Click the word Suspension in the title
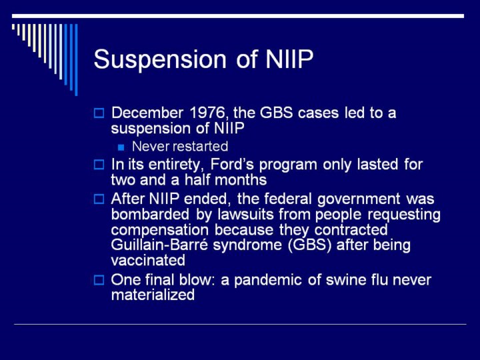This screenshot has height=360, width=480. click(x=160, y=59)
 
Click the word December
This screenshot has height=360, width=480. click(x=147, y=113)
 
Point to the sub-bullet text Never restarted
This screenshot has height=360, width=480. click(x=180, y=146)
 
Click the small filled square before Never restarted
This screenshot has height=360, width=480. click(x=121, y=147)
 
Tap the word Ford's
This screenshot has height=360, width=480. click(x=232, y=165)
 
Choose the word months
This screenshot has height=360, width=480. click(x=241, y=180)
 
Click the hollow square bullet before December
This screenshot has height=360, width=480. click(x=99, y=113)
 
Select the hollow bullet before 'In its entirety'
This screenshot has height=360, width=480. click(x=99, y=165)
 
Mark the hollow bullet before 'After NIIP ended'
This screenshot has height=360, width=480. click(x=99, y=199)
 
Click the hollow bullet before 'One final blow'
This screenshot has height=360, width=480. click(x=99, y=280)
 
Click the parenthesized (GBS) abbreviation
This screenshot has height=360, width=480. click(x=310, y=245)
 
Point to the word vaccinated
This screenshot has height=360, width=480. click(x=148, y=261)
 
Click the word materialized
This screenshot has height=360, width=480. click(x=153, y=295)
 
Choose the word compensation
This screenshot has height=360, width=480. click(x=160, y=230)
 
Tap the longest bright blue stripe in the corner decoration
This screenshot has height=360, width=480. click(x=76, y=60)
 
